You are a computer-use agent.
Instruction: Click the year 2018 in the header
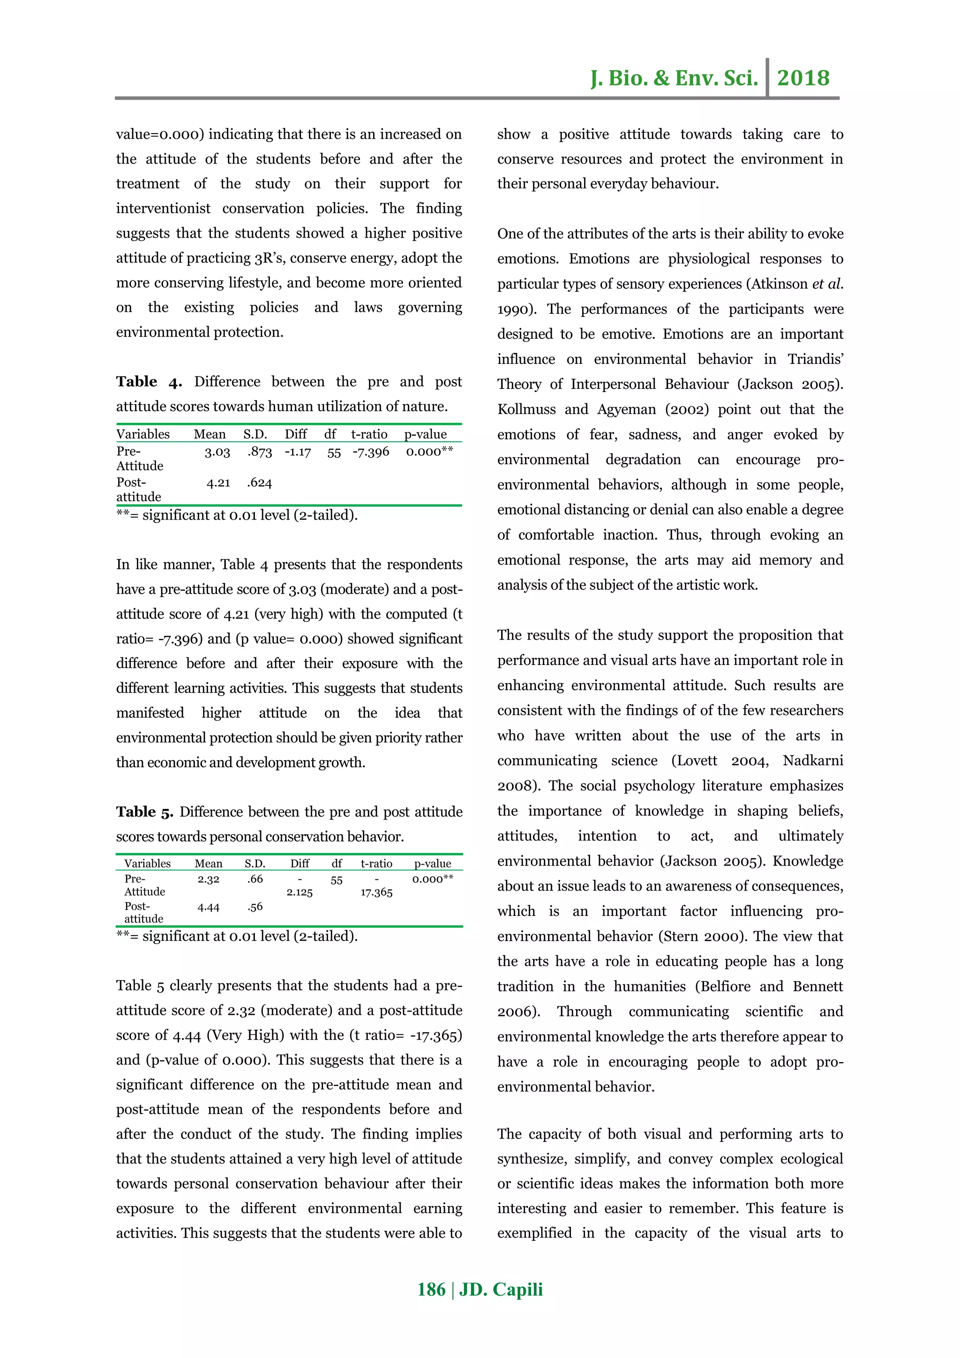(x=803, y=78)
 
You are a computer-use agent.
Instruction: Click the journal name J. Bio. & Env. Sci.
(x=674, y=78)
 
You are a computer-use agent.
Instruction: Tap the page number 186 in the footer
(x=431, y=1290)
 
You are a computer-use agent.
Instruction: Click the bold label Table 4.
(x=149, y=382)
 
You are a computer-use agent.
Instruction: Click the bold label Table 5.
(x=144, y=812)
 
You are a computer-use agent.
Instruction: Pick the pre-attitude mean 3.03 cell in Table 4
(x=217, y=453)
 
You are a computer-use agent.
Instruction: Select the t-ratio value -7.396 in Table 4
(x=371, y=453)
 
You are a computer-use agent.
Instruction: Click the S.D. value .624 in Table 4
(x=260, y=483)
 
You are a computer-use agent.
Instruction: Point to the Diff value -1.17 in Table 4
(x=297, y=453)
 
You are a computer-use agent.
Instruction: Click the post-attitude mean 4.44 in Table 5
(x=208, y=907)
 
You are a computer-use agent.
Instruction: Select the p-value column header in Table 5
(x=432, y=864)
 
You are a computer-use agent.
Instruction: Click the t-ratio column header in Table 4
(x=369, y=435)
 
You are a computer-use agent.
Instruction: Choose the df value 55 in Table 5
(x=337, y=880)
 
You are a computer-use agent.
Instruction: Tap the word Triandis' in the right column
(x=815, y=360)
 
